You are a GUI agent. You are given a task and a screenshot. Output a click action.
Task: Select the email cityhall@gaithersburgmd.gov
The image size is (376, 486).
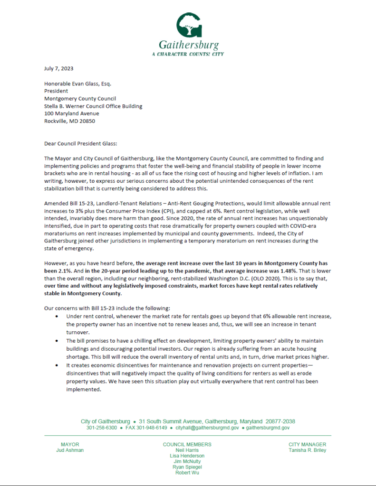click(207, 428)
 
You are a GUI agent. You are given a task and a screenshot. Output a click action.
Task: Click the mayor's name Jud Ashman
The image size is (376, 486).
click(70, 450)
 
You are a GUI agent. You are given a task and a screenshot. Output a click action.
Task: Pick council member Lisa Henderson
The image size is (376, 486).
click(187, 456)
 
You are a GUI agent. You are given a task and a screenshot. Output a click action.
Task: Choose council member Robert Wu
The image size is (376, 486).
click(187, 473)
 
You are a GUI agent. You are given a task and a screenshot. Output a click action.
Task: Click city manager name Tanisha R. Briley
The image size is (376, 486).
click(307, 450)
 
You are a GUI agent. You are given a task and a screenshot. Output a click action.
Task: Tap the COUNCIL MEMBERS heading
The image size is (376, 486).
click(187, 445)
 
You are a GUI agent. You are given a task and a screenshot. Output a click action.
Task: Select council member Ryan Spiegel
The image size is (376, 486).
click(187, 467)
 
